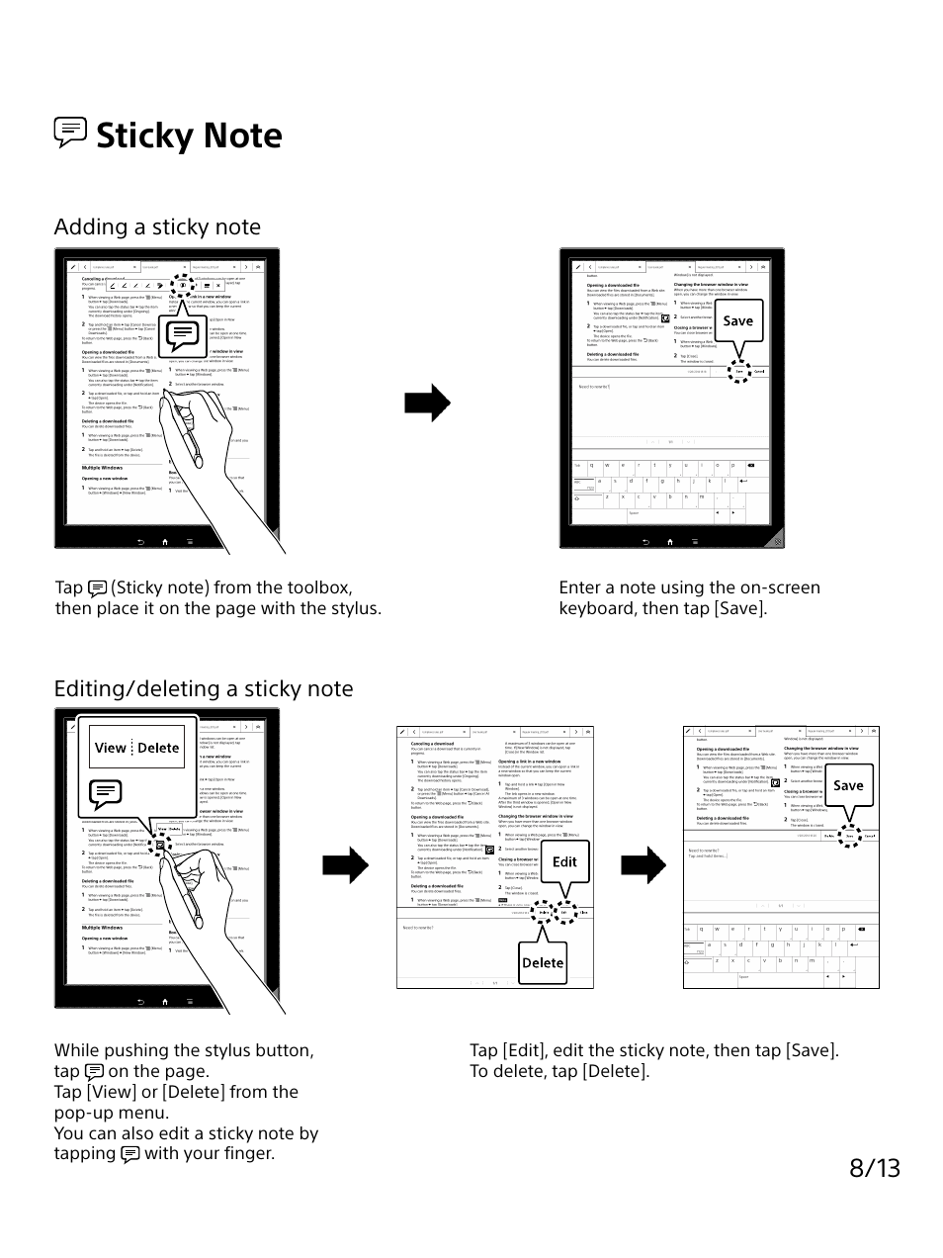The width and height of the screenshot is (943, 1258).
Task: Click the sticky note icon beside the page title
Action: [x=70, y=133]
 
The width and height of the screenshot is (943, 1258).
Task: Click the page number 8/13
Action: [x=874, y=1167]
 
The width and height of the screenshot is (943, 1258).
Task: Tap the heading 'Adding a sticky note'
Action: [x=157, y=226]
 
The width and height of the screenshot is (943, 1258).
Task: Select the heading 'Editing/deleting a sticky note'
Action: [x=203, y=688]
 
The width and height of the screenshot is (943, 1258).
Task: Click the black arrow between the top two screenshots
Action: [x=428, y=402]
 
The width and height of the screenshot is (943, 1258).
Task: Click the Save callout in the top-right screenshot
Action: [x=737, y=320]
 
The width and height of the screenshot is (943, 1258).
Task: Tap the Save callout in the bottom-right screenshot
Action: [x=847, y=785]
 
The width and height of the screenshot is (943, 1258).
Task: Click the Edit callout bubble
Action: [x=564, y=861]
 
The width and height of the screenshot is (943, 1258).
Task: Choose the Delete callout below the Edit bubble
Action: [x=542, y=962]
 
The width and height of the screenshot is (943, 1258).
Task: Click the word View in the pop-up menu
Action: [x=111, y=748]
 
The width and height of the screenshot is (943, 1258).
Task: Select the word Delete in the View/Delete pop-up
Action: [x=158, y=748]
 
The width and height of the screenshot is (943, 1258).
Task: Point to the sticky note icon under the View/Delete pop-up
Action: [x=105, y=792]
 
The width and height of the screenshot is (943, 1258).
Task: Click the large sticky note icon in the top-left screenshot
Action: [x=182, y=335]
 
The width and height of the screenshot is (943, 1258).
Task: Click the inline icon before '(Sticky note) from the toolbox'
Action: [x=97, y=588]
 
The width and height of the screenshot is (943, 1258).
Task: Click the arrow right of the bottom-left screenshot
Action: [x=345, y=865]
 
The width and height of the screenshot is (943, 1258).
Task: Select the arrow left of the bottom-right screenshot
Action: [x=643, y=865]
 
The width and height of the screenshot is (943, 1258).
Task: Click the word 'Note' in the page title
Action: [x=237, y=135]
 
